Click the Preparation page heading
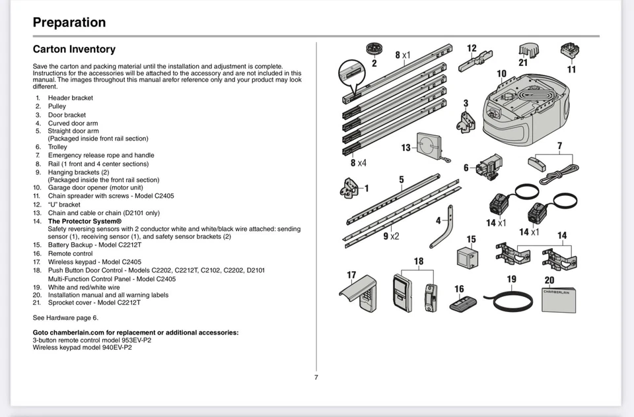(x=69, y=22)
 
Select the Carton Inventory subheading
(x=74, y=49)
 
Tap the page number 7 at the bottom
(x=316, y=377)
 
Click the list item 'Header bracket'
(x=70, y=98)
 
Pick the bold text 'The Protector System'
(x=85, y=221)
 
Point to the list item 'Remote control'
(x=70, y=253)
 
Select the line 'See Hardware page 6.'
(x=65, y=317)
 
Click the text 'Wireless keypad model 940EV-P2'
(x=82, y=347)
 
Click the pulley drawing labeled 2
(x=374, y=50)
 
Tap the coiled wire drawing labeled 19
(x=505, y=300)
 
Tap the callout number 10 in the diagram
(x=501, y=74)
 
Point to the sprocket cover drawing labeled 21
(x=526, y=50)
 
